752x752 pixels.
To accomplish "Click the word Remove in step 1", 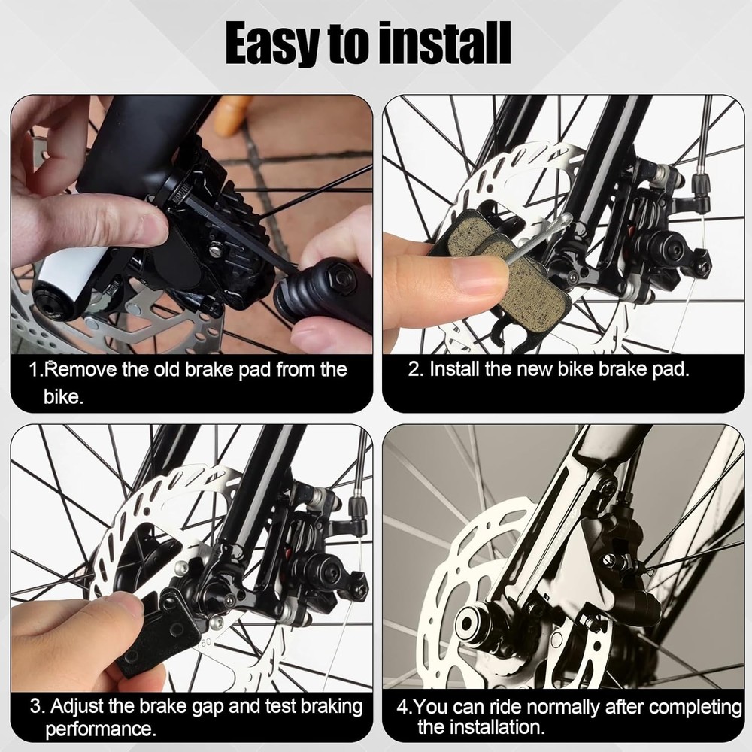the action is click(x=80, y=369).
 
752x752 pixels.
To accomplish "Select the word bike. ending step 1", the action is click(x=63, y=396).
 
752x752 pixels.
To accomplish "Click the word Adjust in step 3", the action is click(x=77, y=706).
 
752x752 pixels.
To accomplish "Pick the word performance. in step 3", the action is click(x=101, y=729).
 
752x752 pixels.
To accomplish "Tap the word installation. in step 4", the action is click(x=481, y=727).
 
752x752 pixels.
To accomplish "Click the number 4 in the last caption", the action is click(x=402, y=708).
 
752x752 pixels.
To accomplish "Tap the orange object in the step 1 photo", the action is click(x=232, y=115).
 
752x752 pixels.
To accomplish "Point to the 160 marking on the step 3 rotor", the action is click(x=205, y=643).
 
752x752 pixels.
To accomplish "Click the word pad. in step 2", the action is click(x=671, y=369).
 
